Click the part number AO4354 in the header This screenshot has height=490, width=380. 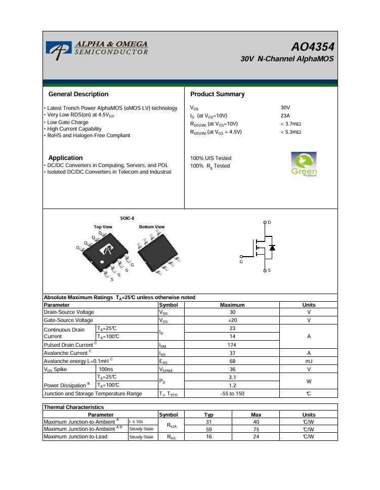pyautogui.click(x=312, y=47)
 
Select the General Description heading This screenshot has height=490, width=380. pyautogui.click(x=78, y=94)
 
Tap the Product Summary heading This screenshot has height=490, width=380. pyautogui.click(x=217, y=94)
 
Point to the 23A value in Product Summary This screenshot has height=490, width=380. pyautogui.click(x=285, y=116)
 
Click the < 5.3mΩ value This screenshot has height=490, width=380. pyautogui.click(x=291, y=132)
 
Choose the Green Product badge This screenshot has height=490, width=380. pyautogui.click(x=304, y=165)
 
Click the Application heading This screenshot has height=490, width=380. pyautogui.click(x=65, y=158)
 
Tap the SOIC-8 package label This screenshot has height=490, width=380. pyautogui.click(x=127, y=218)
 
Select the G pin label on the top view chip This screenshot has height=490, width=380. pyautogui.click(x=132, y=265)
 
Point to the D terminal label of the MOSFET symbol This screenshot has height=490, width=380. pyautogui.click(x=269, y=223)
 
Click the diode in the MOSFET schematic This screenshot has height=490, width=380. pyautogui.click(x=272, y=248)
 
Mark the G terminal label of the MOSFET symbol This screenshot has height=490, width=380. pyautogui.click(x=241, y=262)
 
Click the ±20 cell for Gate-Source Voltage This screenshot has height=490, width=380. pyautogui.click(x=232, y=320)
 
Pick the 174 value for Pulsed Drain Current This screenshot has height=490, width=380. pyautogui.click(x=232, y=345)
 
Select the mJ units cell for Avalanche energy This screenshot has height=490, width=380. pyautogui.click(x=309, y=361)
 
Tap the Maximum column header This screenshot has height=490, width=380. pyautogui.click(x=232, y=305)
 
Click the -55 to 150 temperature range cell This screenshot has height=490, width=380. pyautogui.click(x=232, y=393)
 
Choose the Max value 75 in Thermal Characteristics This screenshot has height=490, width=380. pyautogui.click(x=256, y=429)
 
